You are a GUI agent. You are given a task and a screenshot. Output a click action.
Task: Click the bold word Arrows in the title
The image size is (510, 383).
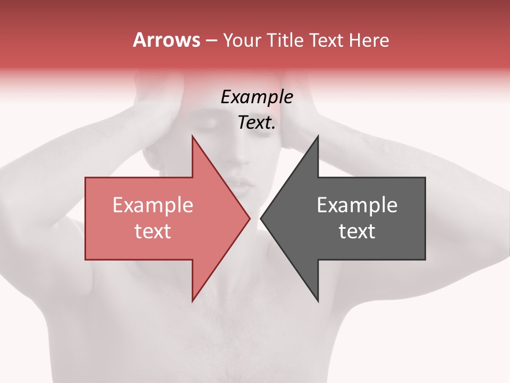[166, 40]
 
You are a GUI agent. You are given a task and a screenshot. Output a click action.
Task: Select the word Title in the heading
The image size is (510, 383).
[284, 40]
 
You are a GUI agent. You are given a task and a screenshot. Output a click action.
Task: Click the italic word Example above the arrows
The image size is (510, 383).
[257, 97]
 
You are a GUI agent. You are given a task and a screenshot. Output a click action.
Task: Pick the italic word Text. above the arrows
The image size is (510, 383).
[257, 123]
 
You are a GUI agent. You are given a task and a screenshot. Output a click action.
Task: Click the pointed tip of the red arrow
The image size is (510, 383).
[249, 218]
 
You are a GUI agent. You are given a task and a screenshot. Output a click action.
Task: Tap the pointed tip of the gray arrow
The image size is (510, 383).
[261, 218]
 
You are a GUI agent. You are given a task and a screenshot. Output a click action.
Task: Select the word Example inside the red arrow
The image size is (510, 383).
[152, 205]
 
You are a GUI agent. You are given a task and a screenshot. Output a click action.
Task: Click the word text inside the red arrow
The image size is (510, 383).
[152, 231]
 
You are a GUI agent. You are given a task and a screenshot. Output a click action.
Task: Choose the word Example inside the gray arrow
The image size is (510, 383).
[357, 205]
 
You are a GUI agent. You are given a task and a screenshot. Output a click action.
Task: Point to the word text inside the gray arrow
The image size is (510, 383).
[357, 231]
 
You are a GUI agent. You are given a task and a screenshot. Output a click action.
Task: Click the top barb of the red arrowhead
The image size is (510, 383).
[193, 137]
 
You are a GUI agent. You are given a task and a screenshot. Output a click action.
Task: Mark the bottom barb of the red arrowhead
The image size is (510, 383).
[193, 300]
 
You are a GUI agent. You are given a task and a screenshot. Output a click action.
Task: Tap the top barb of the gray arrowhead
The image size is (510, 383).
[317, 137]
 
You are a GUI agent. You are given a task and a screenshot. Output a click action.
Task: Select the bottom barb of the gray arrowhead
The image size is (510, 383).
[317, 300]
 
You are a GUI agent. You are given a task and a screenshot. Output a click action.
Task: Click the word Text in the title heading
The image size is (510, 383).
[326, 40]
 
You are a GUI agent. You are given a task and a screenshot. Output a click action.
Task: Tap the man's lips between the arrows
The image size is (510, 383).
[242, 187]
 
